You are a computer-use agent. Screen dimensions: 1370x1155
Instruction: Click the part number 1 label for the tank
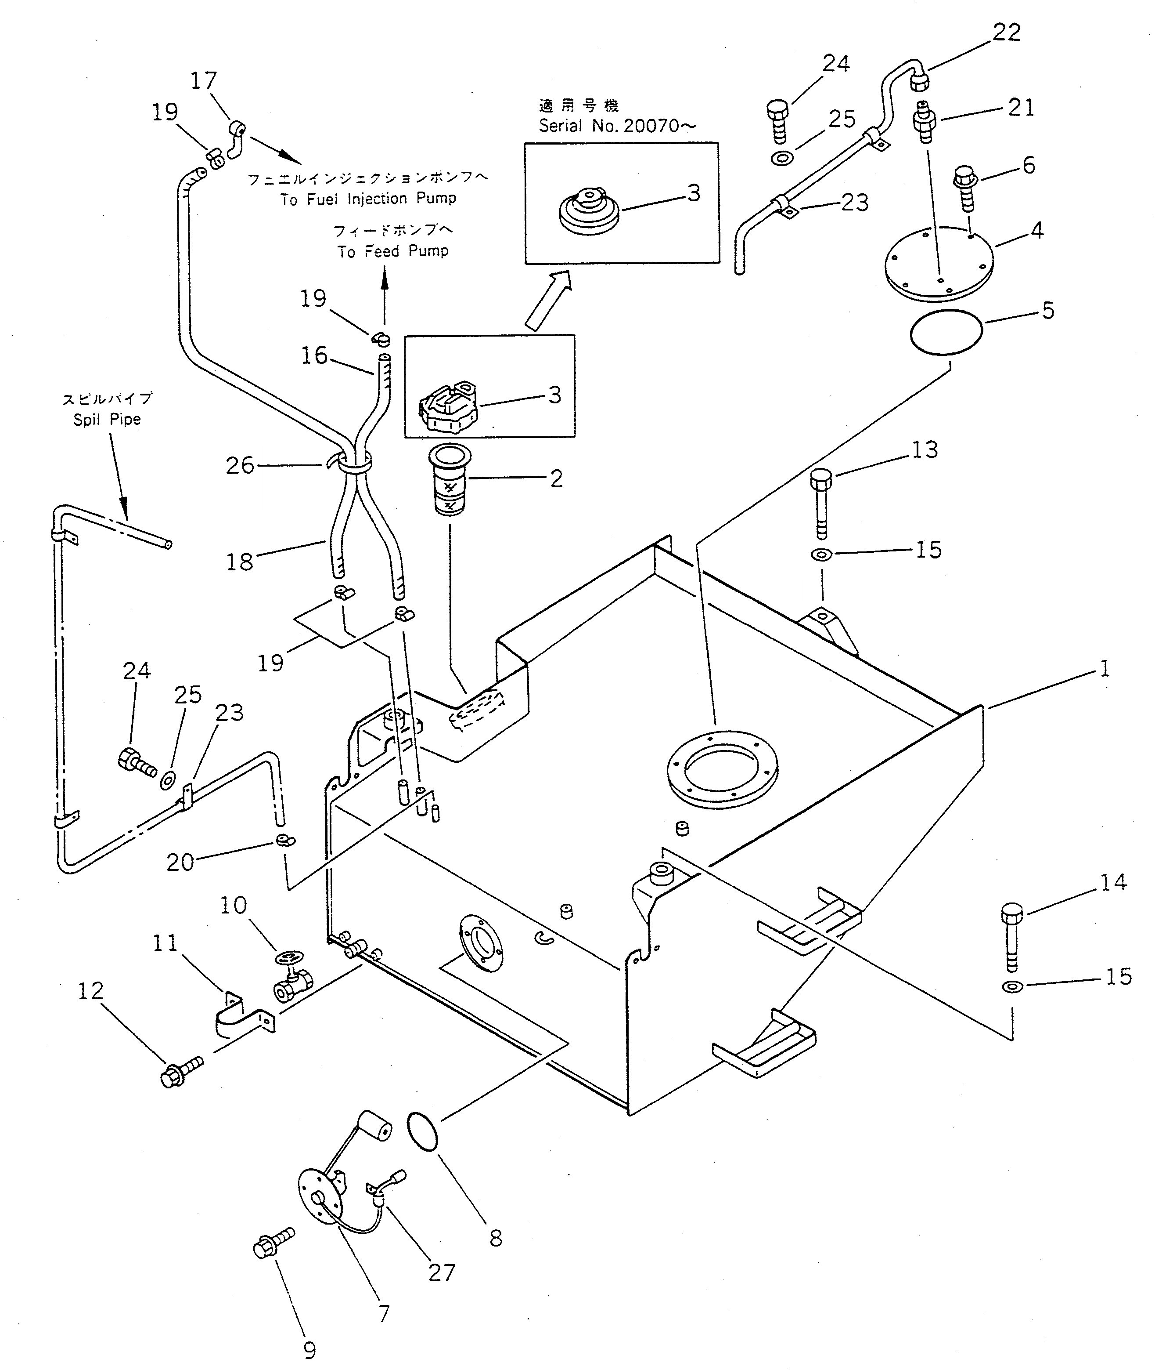[x=1105, y=669]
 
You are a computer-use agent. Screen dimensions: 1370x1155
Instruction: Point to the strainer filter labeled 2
[x=449, y=482]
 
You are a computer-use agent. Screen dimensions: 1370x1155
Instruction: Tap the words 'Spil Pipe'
[x=107, y=419]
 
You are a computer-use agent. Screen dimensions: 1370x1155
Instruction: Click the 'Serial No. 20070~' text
[x=617, y=126]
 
